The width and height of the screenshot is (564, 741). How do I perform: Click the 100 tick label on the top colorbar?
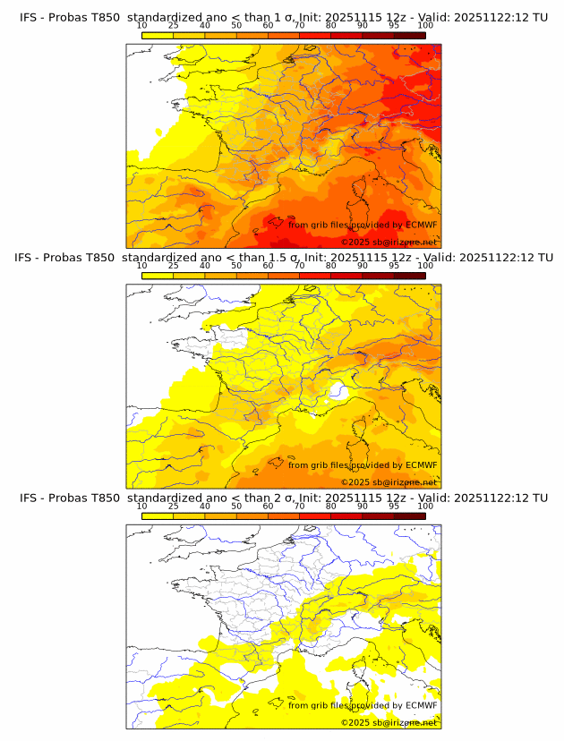click(x=425, y=24)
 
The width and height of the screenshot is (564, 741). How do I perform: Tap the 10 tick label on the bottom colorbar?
click(x=141, y=506)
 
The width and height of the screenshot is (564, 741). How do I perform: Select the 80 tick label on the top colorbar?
click(x=331, y=24)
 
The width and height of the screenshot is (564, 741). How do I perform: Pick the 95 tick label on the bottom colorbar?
click(x=394, y=506)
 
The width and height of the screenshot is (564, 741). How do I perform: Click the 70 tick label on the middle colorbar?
click(x=299, y=265)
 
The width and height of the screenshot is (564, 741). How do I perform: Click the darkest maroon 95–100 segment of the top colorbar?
click(x=409, y=35)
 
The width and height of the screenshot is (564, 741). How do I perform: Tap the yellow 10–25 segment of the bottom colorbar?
click(x=157, y=516)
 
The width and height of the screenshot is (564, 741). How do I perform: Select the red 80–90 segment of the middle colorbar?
click(x=346, y=276)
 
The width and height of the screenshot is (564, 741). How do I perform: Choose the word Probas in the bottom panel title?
click(x=62, y=498)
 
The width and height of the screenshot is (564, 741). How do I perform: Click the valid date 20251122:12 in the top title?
click(x=497, y=17)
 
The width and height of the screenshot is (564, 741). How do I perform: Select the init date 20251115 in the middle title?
click(x=362, y=258)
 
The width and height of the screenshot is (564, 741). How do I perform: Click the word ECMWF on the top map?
click(x=422, y=225)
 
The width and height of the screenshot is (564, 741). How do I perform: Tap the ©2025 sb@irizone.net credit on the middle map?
click(x=389, y=482)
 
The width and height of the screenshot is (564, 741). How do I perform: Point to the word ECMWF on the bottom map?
click(x=422, y=706)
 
